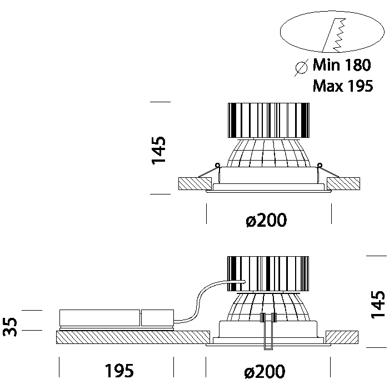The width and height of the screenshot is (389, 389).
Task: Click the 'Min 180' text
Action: click(x=341, y=66)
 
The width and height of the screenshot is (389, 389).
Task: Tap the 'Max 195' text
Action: click(x=342, y=86)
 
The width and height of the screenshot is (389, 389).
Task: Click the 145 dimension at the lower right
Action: click(x=378, y=303)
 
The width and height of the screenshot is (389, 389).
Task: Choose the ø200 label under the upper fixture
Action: click(x=266, y=221)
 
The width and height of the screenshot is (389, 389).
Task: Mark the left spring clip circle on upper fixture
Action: click(x=217, y=164)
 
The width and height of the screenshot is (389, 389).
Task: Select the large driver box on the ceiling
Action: click(x=99, y=318)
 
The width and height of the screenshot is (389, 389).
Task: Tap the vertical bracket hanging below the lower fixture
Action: click(x=268, y=333)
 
